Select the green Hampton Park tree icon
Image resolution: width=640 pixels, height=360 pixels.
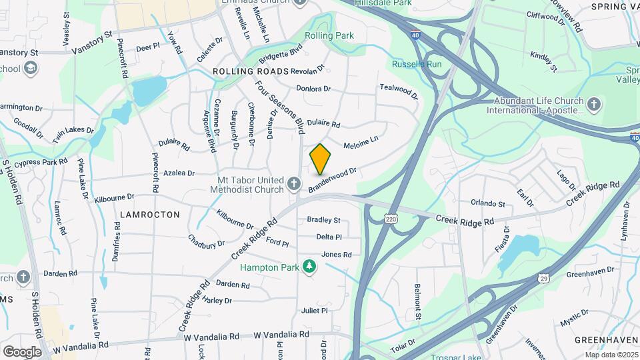pyautogui.click(x=309, y=266)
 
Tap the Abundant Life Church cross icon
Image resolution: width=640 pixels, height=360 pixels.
pyautogui.click(x=594, y=104)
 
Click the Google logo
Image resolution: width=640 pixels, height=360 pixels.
pyautogui.click(x=21, y=351)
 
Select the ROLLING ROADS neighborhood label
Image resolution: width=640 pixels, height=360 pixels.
pyautogui.click(x=251, y=71)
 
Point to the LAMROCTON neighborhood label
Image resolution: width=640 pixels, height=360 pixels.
pyautogui.click(x=151, y=215)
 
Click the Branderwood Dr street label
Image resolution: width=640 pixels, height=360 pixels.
pyautogui.click(x=333, y=180)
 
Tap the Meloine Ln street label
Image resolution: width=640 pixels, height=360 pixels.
pyautogui.click(x=361, y=142)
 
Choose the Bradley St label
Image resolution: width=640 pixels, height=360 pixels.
pyautogui.click(x=323, y=220)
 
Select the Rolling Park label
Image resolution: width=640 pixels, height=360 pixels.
pyautogui.click(x=329, y=35)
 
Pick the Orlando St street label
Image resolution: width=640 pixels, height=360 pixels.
pyautogui.click(x=488, y=203)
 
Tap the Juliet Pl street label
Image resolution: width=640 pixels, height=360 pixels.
pyautogui.click(x=315, y=311)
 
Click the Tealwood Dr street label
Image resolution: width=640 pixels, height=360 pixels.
pyautogui.click(x=399, y=91)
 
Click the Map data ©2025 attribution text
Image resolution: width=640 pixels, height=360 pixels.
pyautogui.click(x=611, y=355)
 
